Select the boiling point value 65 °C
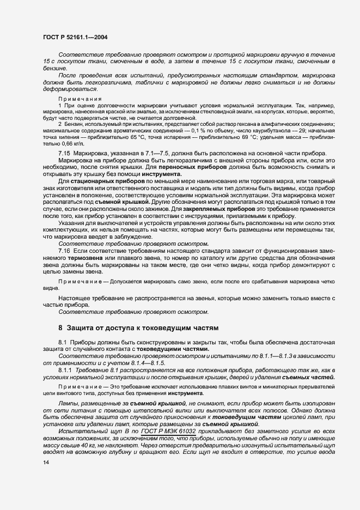(143, 139)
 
